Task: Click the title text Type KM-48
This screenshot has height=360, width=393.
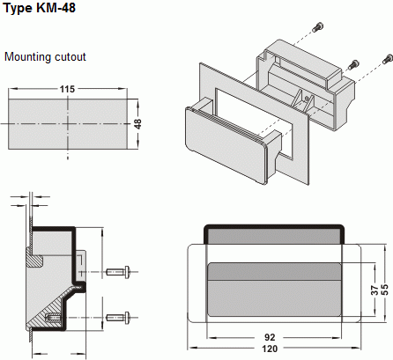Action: (42, 9)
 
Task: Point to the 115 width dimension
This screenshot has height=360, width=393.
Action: (67, 89)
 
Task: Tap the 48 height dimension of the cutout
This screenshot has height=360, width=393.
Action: (137, 124)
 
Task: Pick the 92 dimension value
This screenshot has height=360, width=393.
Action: (270, 337)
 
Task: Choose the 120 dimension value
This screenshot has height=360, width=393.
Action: (270, 349)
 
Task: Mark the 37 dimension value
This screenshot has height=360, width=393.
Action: (373, 289)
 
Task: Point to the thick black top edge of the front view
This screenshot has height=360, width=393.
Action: (273, 227)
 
